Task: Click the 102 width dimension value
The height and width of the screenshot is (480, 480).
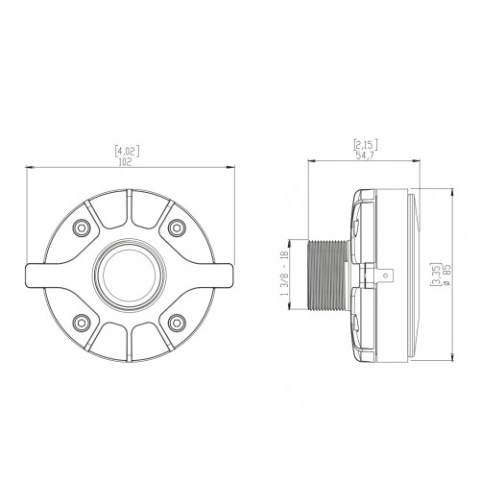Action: [x=125, y=162]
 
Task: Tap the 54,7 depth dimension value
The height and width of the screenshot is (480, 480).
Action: [x=365, y=156]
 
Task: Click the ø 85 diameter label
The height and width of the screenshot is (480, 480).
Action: [x=447, y=275]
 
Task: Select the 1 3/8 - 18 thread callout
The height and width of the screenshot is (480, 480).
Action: [x=286, y=275]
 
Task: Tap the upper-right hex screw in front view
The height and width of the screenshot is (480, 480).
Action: [x=177, y=228]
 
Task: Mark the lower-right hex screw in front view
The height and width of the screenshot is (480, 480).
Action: [x=177, y=323]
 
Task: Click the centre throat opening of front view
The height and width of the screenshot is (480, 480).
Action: [x=129, y=275]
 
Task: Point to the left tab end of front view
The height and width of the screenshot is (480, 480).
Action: [x=32, y=275]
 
